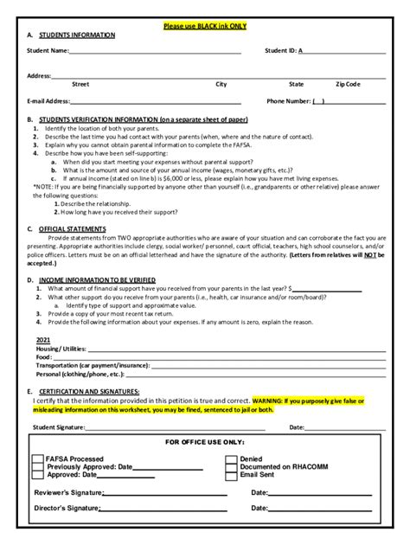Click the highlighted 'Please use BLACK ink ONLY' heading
pos(205,26)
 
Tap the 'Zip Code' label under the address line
pos(348,84)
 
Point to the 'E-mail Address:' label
pos(48,101)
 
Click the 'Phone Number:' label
pos(288,101)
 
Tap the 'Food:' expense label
pos(44,356)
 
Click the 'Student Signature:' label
pos(59,426)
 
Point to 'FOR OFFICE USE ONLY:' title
pos(205,442)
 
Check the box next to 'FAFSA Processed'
pos(38,458)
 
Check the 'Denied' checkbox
pos(231,458)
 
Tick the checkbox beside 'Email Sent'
pos(231,475)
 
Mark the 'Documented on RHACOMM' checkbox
pos(231,467)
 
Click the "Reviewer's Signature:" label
pos(68,492)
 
